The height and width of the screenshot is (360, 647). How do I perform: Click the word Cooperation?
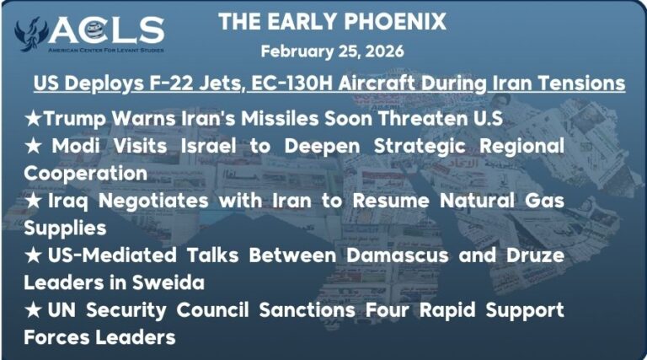tap(85, 173)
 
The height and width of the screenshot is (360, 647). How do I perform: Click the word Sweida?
tap(169, 282)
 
